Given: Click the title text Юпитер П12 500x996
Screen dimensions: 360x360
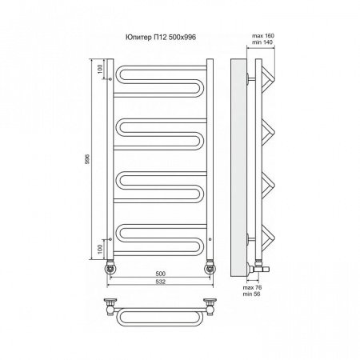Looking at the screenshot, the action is tap(161, 37).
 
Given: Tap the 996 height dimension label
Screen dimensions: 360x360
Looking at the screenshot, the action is tap(88, 159).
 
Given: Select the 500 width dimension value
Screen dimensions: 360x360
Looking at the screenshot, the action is tap(160, 274).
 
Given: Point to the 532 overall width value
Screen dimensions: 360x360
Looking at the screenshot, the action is tap(160, 282).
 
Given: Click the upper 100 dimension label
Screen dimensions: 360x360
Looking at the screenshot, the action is tap(99, 69).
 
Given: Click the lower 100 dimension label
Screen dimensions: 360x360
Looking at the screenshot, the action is tap(99, 249).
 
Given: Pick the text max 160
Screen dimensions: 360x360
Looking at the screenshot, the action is tap(263, 36).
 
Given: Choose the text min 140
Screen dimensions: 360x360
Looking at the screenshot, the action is tap(262, 42).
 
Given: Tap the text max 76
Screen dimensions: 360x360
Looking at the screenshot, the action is tap(252, 287).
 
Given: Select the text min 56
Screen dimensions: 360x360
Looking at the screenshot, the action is tap(251, 294).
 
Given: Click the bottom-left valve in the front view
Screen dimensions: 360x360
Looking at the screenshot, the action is tap(110, 267).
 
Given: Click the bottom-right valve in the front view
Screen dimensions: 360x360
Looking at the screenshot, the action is tap(210, 267).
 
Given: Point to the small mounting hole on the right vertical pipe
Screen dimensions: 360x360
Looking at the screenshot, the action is tap(210, 239).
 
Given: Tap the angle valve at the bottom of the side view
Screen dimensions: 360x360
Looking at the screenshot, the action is tap(258, 267).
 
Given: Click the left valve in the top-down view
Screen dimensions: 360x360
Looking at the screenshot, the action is tap(110, 306).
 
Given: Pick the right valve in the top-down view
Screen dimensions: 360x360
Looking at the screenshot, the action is tap(210, 306).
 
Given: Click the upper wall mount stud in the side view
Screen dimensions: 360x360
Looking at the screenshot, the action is tap(251, 79).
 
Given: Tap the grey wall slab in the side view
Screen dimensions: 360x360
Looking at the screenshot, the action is tap(238, 167).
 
